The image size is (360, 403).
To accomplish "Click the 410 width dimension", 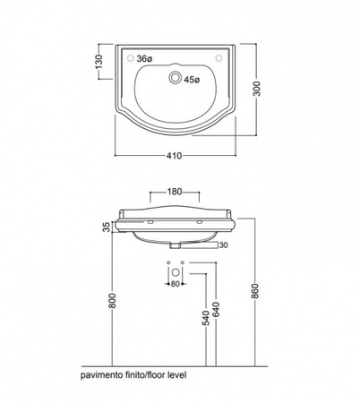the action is click(175, 156).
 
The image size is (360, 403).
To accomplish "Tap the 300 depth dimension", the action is click(257, 89).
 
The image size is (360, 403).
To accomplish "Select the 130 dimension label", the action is click(99, 62).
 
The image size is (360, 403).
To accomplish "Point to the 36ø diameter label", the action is click(144, 59).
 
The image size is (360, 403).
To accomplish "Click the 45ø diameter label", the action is click(192, 80).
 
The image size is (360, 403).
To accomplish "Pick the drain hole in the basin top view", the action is click(176, 78).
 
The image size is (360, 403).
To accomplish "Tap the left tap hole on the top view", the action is click(131, 58).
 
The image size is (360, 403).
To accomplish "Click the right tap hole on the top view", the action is click(219, 58).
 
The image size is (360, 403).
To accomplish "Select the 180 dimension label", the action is click(175, 192).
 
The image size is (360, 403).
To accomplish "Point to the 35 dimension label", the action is click(107, 227).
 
